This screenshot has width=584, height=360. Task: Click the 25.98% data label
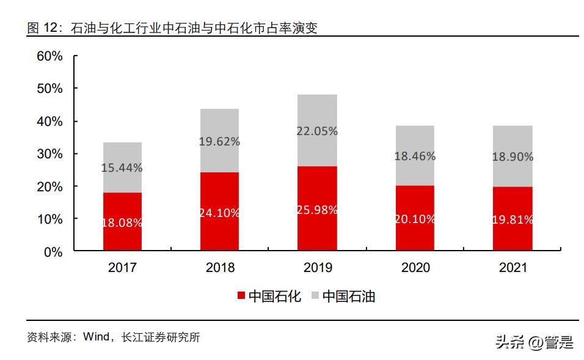pyautogui.click(x=317, y=210)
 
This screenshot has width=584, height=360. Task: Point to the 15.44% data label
pyautogui.click(x=122, y=167)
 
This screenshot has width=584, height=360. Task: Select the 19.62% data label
pyautogui.click(x=219, y=141)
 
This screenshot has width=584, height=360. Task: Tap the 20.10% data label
pyautogui.click(x=415, y=219)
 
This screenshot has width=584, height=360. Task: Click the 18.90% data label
pyautogui.click(x=513, y=156)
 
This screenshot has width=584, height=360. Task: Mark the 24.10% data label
pyautogui.click(x=219, y=213)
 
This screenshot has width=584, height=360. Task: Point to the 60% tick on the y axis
pyautogui.click(x=50, y=56)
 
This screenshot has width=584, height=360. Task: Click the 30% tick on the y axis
pyautogui.click(x=50, y=153)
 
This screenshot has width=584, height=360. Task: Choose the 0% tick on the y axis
pyautogui.click(x=54, y=251)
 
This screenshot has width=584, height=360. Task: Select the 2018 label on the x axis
pyautogui.click(x=219, y=268)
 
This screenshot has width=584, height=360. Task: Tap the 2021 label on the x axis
pyautogui.click(x=513, y=268)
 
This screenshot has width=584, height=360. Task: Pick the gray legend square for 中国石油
pyautogui.click(x=315, y=296)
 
